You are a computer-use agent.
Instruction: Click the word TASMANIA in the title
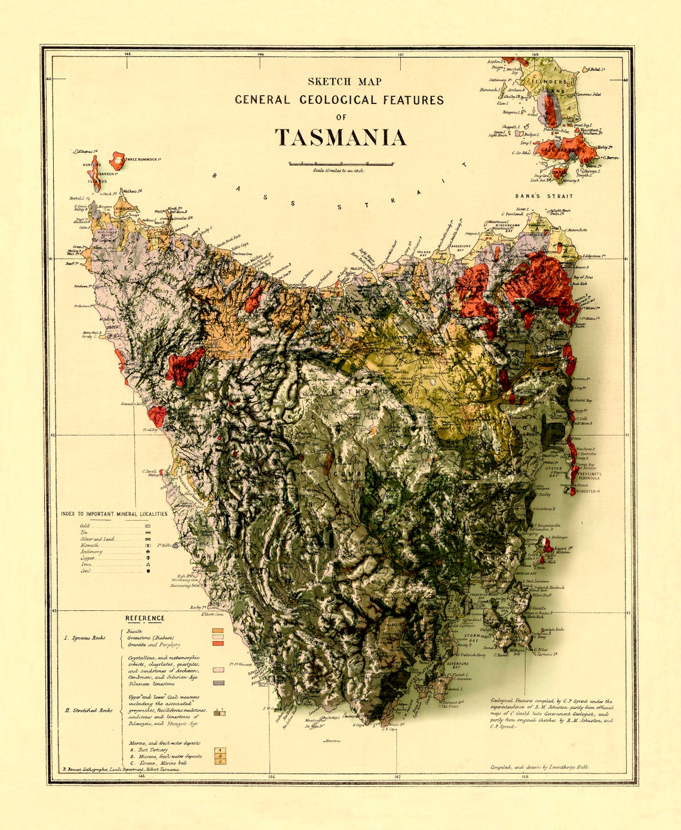pyautogui.click(x=340, y=138)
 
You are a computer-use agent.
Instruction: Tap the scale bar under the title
pyautogui.click(x=341, y=163)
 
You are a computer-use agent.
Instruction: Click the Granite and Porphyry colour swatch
pyautogui.click(x=218, y=643)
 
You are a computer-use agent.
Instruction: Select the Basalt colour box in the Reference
pyautogui.click(x=218, y=630)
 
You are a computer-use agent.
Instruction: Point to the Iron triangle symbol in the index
pyautogui.click(x=148, y=564)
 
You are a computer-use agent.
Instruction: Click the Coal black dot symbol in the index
pyautogui.click(x=148, y=571)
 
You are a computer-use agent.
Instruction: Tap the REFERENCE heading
pyautogui.click(x=145, y=618)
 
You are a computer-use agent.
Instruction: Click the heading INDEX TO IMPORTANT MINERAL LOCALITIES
pyautogui.click(x=114, y=514)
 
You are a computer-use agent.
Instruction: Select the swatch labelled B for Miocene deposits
pyautogui.click(x=220, y=755)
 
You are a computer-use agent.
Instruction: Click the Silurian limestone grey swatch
pyautogui.click(x=219, y=683)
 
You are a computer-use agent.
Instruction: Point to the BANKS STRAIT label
pyautogui.click(x=544, y=196)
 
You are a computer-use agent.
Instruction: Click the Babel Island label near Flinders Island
pyautogui.click(x=597, y=70)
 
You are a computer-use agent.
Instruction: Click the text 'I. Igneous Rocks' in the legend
pyautogui.click(x=85, y=638)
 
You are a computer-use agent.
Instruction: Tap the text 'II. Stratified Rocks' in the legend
pyautogui.click(x=88, y=710)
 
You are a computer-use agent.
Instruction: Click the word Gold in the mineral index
pyautogui.click(x=84, y=526)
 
